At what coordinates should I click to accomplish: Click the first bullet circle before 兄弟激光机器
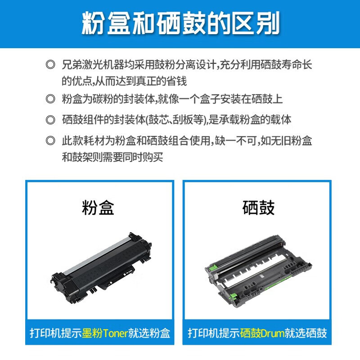(x=50, y=64)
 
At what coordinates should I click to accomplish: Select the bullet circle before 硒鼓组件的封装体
(x=50, y=120)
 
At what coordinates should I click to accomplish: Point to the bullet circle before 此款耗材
(x=50, y=141)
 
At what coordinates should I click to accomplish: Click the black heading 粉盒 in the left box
(x=99, y=208)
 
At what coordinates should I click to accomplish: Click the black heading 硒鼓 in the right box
(x=258, y=208)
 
